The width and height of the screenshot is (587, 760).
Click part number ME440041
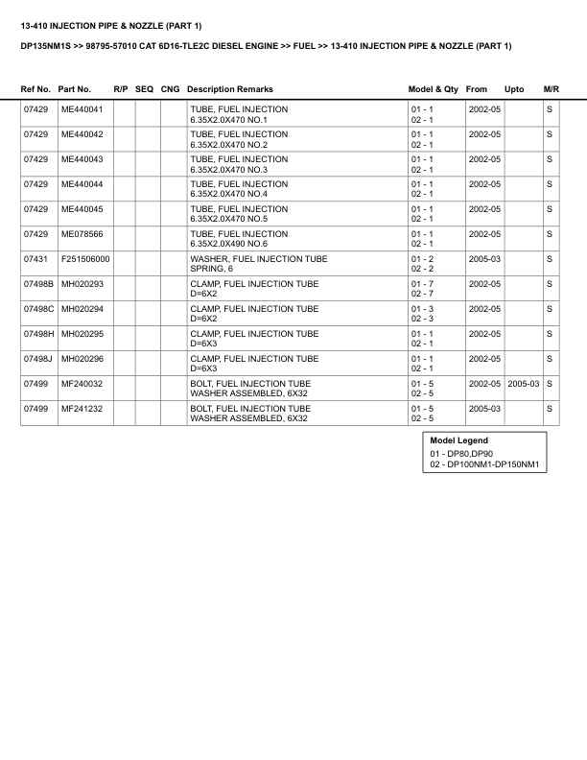coord(82,109)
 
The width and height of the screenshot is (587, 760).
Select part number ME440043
coord(82,159)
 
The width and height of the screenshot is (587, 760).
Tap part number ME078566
coord(82,234)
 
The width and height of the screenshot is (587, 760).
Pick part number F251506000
coord(85,259)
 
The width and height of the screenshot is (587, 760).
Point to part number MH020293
coord(82,284)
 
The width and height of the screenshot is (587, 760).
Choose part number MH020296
coord(82,359)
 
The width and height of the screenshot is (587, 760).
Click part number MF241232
coord(82,409)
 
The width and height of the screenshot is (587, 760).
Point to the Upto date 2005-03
coord(524,384)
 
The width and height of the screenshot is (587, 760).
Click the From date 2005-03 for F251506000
coord(484,259)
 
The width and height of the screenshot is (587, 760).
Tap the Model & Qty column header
coord(434,89)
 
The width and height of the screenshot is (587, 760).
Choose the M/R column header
coord(551,89)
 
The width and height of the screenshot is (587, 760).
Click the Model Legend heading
coord(458,440)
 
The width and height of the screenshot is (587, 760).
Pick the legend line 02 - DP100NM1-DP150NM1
coord(486,465)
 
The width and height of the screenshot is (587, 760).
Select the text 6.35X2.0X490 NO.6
coord(228,244)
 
